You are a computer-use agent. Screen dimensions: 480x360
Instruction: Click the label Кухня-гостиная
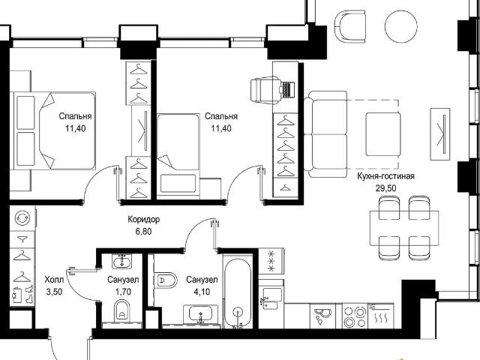pyautogui.click(x=385, y=177)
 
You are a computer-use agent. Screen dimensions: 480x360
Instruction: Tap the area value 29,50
pyautogui.click(x=385, y=188)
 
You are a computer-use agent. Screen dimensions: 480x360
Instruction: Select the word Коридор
pyautogui.click(x=143, y=220)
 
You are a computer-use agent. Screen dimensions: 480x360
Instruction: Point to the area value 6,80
pyautogui.click(x=143, y=232)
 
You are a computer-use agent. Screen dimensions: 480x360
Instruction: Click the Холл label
pyautogui.click(x=54, y=280)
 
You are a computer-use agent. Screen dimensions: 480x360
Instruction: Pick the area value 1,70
pyautogui.click(x=123, y=292)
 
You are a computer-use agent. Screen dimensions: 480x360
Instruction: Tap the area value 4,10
pyautogui.click(x=202, y=292)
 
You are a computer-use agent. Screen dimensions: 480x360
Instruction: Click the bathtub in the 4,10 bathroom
pyautogui.click(x=238, y=293)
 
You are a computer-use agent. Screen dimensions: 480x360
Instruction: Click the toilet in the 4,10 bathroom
pyautogui.click(x=165, y=280)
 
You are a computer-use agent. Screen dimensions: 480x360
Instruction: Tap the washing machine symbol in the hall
pyautogui.click(x=23, y=218)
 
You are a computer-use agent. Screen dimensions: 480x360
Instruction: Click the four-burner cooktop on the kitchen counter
pyautogui.click(x=355, y=316)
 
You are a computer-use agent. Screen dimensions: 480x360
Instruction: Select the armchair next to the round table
pyautogui.click(x=350, y=26)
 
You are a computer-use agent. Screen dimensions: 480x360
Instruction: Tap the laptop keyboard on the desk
pyautogui.click(x=288, y=89)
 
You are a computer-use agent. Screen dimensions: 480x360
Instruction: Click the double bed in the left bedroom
pyautogui.click(x=52, y=130)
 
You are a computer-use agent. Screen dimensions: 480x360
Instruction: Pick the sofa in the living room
pyautogui.click(x=326, y=134)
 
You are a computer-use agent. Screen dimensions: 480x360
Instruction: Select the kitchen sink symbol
pyautogui.click(x=271, y=298)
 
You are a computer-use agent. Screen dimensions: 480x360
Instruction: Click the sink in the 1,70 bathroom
pyautogui.click(x=122, y=262)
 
